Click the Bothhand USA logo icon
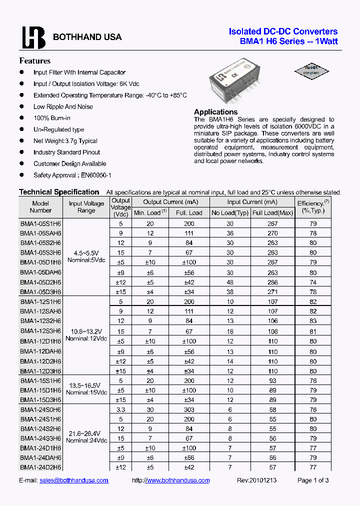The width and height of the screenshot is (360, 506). point(33,37)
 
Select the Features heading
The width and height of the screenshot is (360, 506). point(34,61)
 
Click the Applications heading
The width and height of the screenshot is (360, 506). point(215,112)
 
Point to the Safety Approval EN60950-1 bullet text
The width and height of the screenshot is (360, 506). point(72,175)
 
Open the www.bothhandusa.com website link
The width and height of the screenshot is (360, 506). point(177,480)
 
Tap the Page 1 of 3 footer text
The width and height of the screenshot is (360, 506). point(313,480)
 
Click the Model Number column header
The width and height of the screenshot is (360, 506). point(40,207)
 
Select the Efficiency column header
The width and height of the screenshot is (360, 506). point(313,207)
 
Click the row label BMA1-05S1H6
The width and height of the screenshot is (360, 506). point(40,223)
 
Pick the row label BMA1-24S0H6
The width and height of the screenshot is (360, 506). point(40,409)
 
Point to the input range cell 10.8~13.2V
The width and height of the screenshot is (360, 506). point(86,331)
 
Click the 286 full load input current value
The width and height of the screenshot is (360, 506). point(272,282)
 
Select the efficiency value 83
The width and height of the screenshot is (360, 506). point(313,321)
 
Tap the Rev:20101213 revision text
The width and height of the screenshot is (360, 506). point(256,480)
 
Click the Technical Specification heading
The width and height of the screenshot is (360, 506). point(59,192)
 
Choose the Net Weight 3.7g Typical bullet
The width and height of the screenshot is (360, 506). point(65,141)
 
